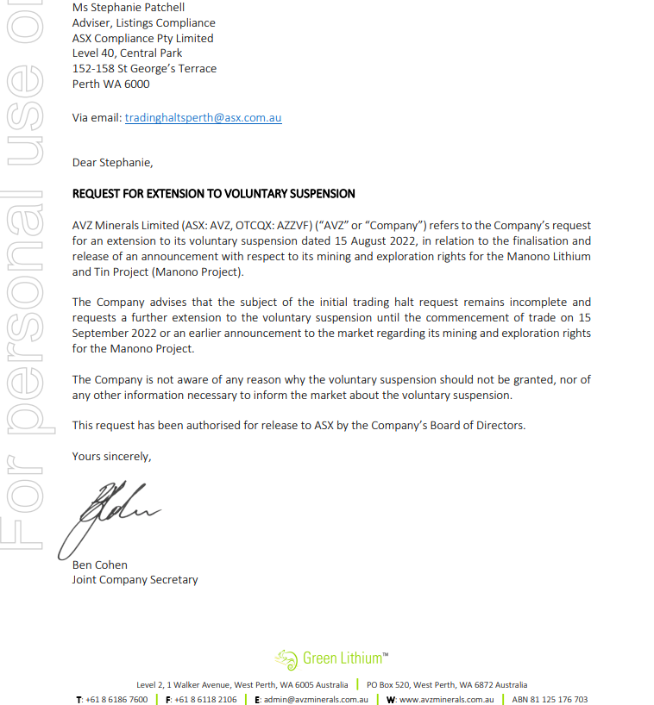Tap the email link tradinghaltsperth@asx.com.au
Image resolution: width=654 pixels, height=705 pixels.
[x=203, y=118]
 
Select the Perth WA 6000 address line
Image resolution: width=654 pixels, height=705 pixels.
[x=110, y=84]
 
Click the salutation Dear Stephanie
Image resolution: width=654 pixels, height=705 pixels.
[x=112, y=163]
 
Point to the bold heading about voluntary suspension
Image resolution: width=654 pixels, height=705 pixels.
[x=213, y=194]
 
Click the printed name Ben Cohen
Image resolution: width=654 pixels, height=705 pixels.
[x=99, y=565]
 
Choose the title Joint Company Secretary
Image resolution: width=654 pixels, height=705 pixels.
[x=135, y=580]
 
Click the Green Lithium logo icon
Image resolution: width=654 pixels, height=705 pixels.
[x=286, y=659]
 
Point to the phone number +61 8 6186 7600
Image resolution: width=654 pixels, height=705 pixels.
[x=116, y=699]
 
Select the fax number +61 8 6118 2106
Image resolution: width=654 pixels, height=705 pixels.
[x=205, y=699]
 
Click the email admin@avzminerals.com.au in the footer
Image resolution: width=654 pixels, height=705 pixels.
[x=316, y=699]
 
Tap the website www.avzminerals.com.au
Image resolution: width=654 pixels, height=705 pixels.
[x=446, y=699]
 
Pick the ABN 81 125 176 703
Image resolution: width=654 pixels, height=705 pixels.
[x=550, y=699]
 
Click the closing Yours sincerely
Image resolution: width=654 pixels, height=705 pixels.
[x=111, y=457]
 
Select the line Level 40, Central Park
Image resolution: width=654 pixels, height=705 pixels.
[x=127, y=53]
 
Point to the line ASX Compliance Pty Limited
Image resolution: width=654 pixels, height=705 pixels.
[x=142, y=39]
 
